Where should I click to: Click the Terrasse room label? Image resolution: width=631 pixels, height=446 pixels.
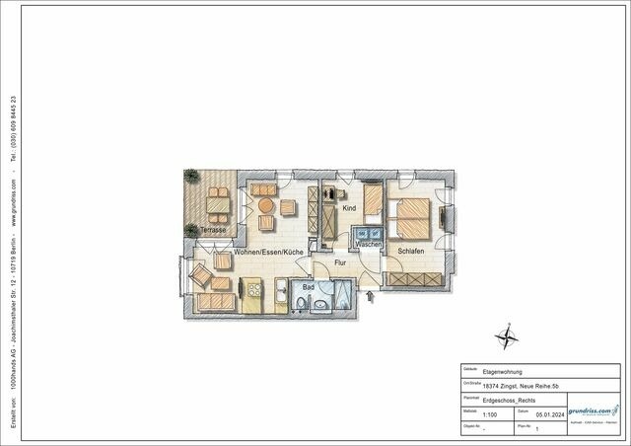point(212,230)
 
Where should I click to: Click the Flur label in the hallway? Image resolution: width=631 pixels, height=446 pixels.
point(340,263)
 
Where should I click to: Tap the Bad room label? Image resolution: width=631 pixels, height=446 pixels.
point(308,287)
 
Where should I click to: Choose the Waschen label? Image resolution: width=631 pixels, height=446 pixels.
point(369,244)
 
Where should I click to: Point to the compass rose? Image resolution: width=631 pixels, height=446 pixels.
point(508,338)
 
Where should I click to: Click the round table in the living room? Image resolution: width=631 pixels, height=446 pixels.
point(264,205)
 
